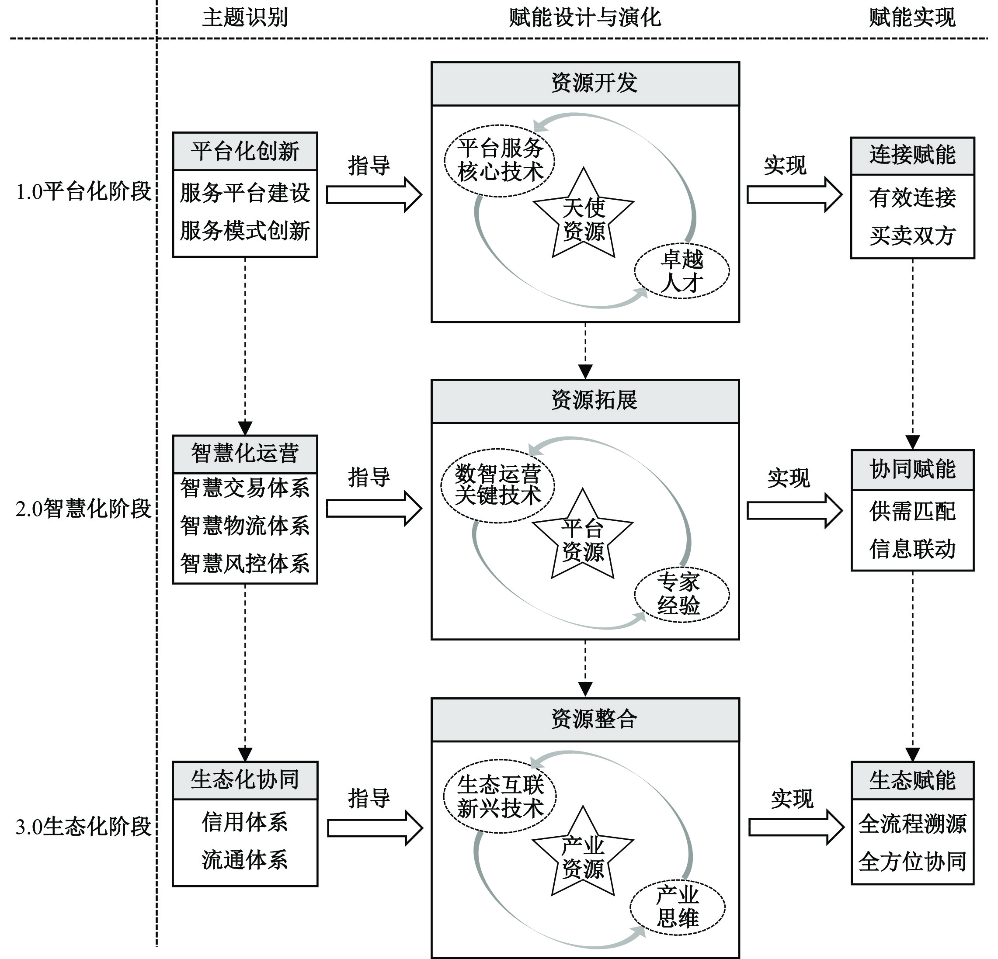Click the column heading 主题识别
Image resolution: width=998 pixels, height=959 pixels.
[245, 18]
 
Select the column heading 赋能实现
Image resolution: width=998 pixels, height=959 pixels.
[912, 18]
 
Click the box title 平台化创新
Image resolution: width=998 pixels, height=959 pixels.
[245, 152]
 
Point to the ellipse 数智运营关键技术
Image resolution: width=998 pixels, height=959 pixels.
[497, 485]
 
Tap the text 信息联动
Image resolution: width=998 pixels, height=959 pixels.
[912, 549]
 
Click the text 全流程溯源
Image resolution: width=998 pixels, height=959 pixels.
[912, 824]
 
